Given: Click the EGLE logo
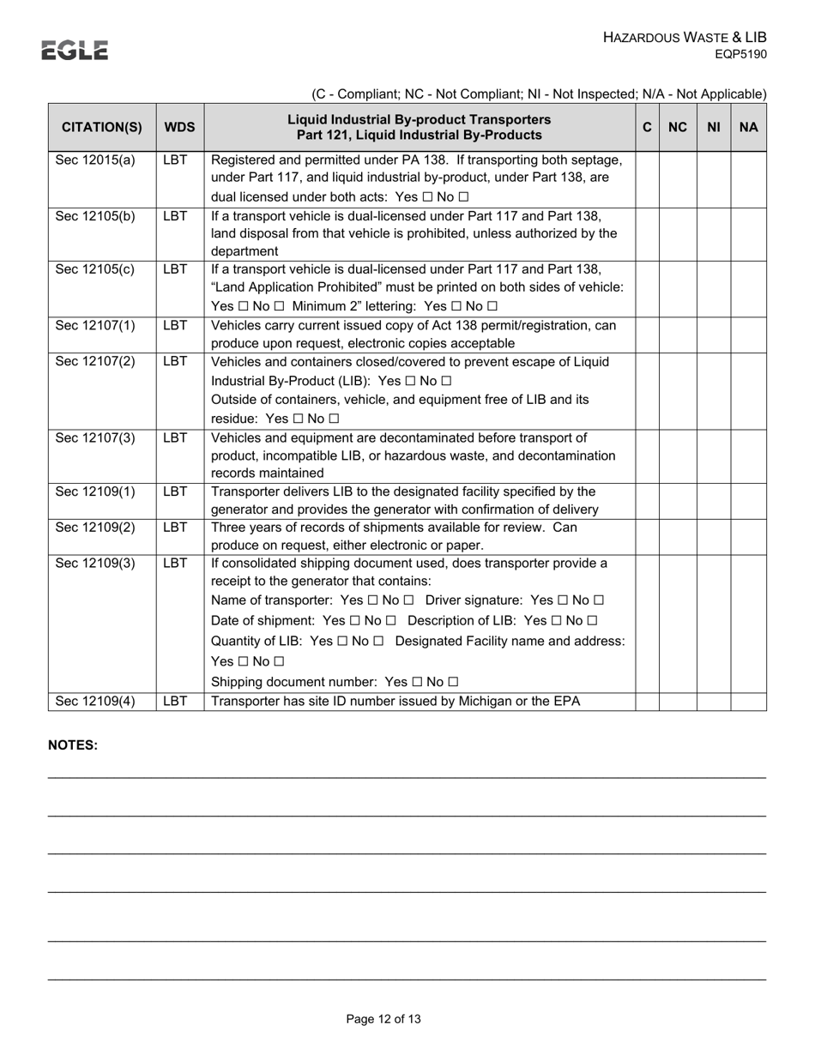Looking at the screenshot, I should pos(75,51).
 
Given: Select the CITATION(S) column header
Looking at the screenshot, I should pos(102,127).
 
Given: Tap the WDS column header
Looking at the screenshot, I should pos(180,127).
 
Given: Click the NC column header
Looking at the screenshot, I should pos(678,127).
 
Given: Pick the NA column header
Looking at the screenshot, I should pos(748,127).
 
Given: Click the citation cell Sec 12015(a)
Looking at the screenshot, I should pos(95,160).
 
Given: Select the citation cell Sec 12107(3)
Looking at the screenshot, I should pos(95,437).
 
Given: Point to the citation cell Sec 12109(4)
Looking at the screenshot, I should pos(95,701).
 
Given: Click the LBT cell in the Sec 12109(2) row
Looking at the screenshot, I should pos(175,527).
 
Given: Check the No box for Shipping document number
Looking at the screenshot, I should pos(453,682).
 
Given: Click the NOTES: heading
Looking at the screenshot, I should pos(73,745).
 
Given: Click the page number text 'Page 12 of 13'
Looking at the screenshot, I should pos(383,1019).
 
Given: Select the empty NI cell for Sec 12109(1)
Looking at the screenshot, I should pos(713,501).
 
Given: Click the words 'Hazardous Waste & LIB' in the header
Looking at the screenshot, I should pos(685,37).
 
